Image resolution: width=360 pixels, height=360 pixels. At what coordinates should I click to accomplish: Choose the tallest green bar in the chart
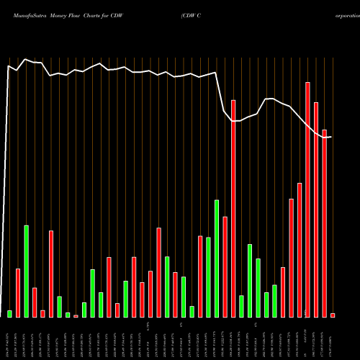click(x=217, y=258)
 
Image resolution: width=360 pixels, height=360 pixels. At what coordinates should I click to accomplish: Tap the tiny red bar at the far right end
click(x=333, y=315)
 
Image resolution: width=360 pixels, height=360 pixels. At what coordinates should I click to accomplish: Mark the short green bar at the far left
click(x=10, y=314)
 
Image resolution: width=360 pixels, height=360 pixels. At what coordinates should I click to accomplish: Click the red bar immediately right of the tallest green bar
click(x=225, y=266)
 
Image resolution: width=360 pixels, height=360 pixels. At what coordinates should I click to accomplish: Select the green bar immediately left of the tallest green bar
click(x=208, y=277)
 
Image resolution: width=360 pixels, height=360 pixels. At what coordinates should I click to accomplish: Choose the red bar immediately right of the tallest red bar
click(x=316, y=210)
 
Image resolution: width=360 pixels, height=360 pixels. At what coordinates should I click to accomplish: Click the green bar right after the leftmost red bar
click(x=27, y=271)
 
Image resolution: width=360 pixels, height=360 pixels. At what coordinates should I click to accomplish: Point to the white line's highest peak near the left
click(x=26, y=60)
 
